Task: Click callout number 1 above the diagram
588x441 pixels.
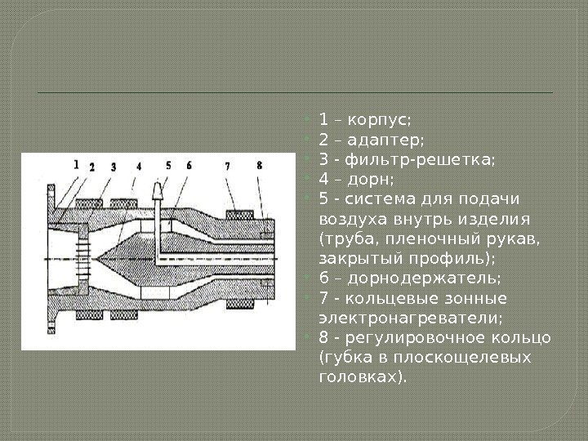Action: pyautogui.click(x=76, y=163)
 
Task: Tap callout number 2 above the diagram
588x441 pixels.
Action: pyautogui.click(x=92, y=166)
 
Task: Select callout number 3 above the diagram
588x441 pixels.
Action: pyautogui.click(x=114, y=166)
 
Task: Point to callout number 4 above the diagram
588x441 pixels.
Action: pyautogui.click(x=139, y=166)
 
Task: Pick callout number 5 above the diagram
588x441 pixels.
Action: pyautogui.click(x=167, y=165)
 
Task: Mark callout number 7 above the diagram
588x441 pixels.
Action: pyautogui.click(x=226, y=166)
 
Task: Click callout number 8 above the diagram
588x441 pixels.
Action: pyautogui.click(x=259, y=166)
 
